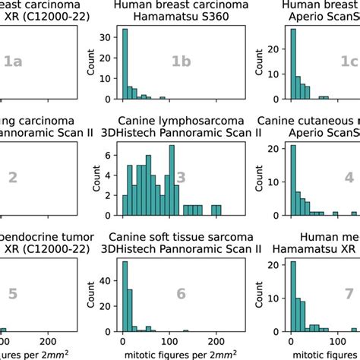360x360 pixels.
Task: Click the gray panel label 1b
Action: pos(181,62)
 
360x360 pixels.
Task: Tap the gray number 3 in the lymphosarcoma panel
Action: pos(181,178)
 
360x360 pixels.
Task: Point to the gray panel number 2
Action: pos(12,178)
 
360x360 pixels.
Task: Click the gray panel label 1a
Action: pos(12,62)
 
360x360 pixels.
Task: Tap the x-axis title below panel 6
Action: pos(180,355)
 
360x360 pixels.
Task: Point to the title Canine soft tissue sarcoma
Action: pos(180,235)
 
